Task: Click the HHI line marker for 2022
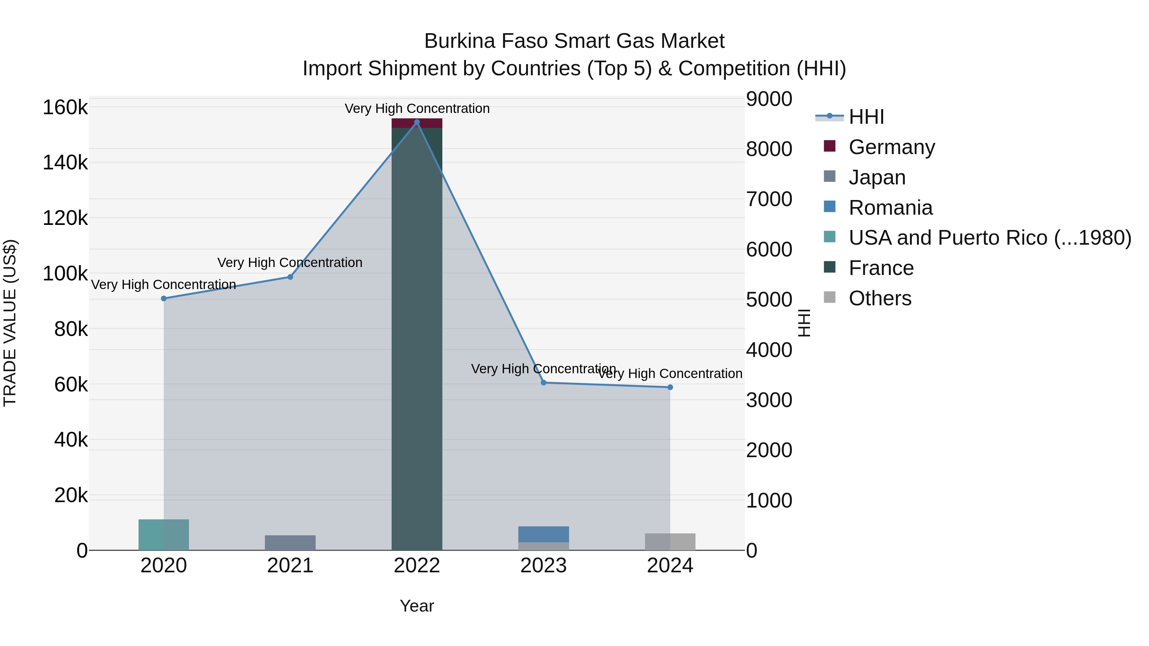(417, 122)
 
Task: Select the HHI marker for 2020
(164, 298)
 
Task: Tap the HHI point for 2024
(670, 387)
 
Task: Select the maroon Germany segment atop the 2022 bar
(417, 123)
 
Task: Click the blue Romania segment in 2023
(543, 534)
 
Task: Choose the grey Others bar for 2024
(670, 541)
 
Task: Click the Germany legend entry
(891, 147)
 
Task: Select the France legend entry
(881, 268)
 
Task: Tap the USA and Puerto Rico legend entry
(990, 238)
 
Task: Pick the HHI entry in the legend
(866, 117)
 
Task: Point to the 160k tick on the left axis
(65, 108)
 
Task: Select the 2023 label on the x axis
(543, 566)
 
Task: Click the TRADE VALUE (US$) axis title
(10, 323)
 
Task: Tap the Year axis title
(417, 606)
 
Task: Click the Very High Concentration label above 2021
(290, 263)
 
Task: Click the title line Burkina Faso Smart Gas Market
(574, 41)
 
